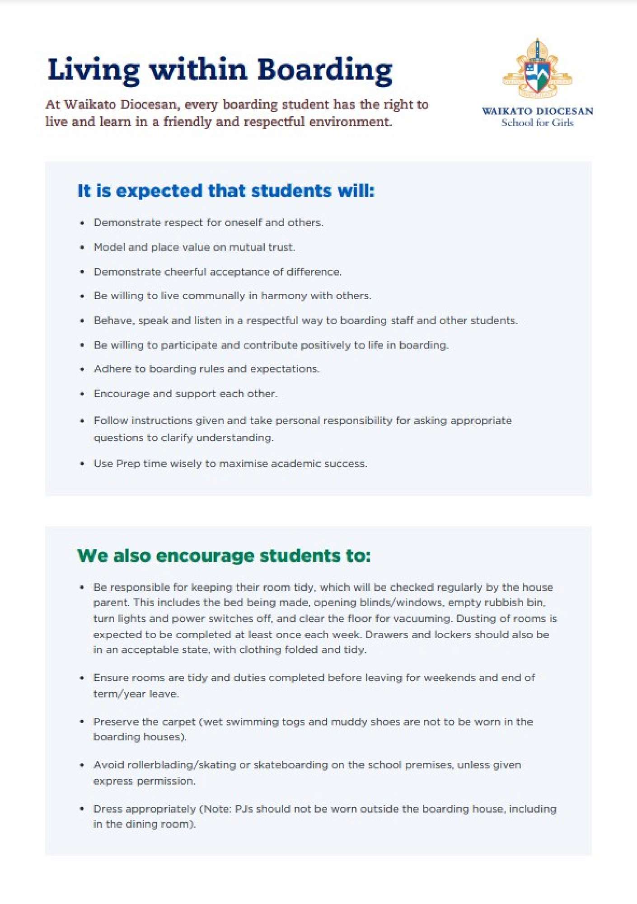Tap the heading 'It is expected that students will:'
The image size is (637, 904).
pyautogui.click(x=226, y=191)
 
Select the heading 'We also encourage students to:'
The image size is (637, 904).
pyautogui.click(x=224, y=556)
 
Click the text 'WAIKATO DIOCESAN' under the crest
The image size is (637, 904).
pyautogui.click(x=537, y=111)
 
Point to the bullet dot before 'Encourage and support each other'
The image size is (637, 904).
pyautogui.click(x=82, y=394)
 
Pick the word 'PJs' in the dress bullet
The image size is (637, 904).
pyautogui.click(x=244, y=809)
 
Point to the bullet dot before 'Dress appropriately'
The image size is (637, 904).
pyautogui.click(x=82, y=809)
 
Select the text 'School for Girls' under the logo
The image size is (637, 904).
pyautogui.click(x=537, y=123)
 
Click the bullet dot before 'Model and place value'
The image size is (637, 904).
pyautogui.click(x=82, y=248)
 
